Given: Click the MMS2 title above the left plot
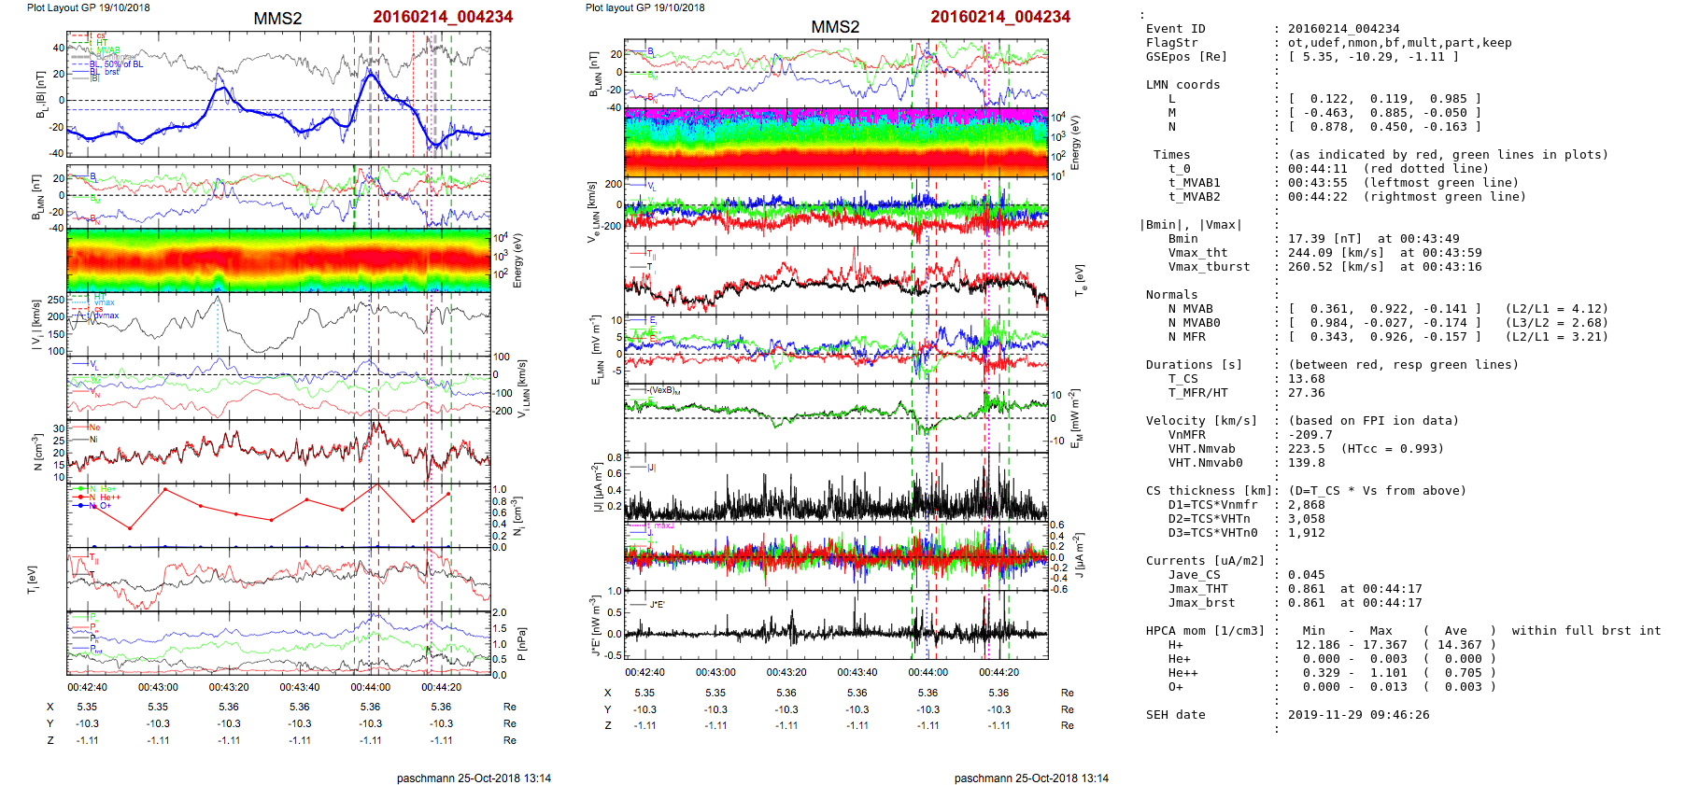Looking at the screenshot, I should [x=277, y=19].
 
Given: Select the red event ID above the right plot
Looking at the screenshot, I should [x=1000, y=17].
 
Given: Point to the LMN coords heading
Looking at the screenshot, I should [x=1182, y=85].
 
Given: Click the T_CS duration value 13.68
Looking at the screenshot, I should [x=1306, y=379].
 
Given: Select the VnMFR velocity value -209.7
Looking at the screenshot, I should [x=1310, y=435].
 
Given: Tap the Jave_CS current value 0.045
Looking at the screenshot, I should [x=1306, y=575].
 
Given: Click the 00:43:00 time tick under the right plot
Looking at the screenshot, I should [x=715, y=672].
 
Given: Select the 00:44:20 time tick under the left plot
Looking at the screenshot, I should [x=441, y=687].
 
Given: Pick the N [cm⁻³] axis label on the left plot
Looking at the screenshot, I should [x=37, y=452].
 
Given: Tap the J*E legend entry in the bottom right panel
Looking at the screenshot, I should [x=658, y=605].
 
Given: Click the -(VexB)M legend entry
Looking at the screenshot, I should [x=665, y=390].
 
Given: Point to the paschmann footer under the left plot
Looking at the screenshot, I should [x=474, y=778].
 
